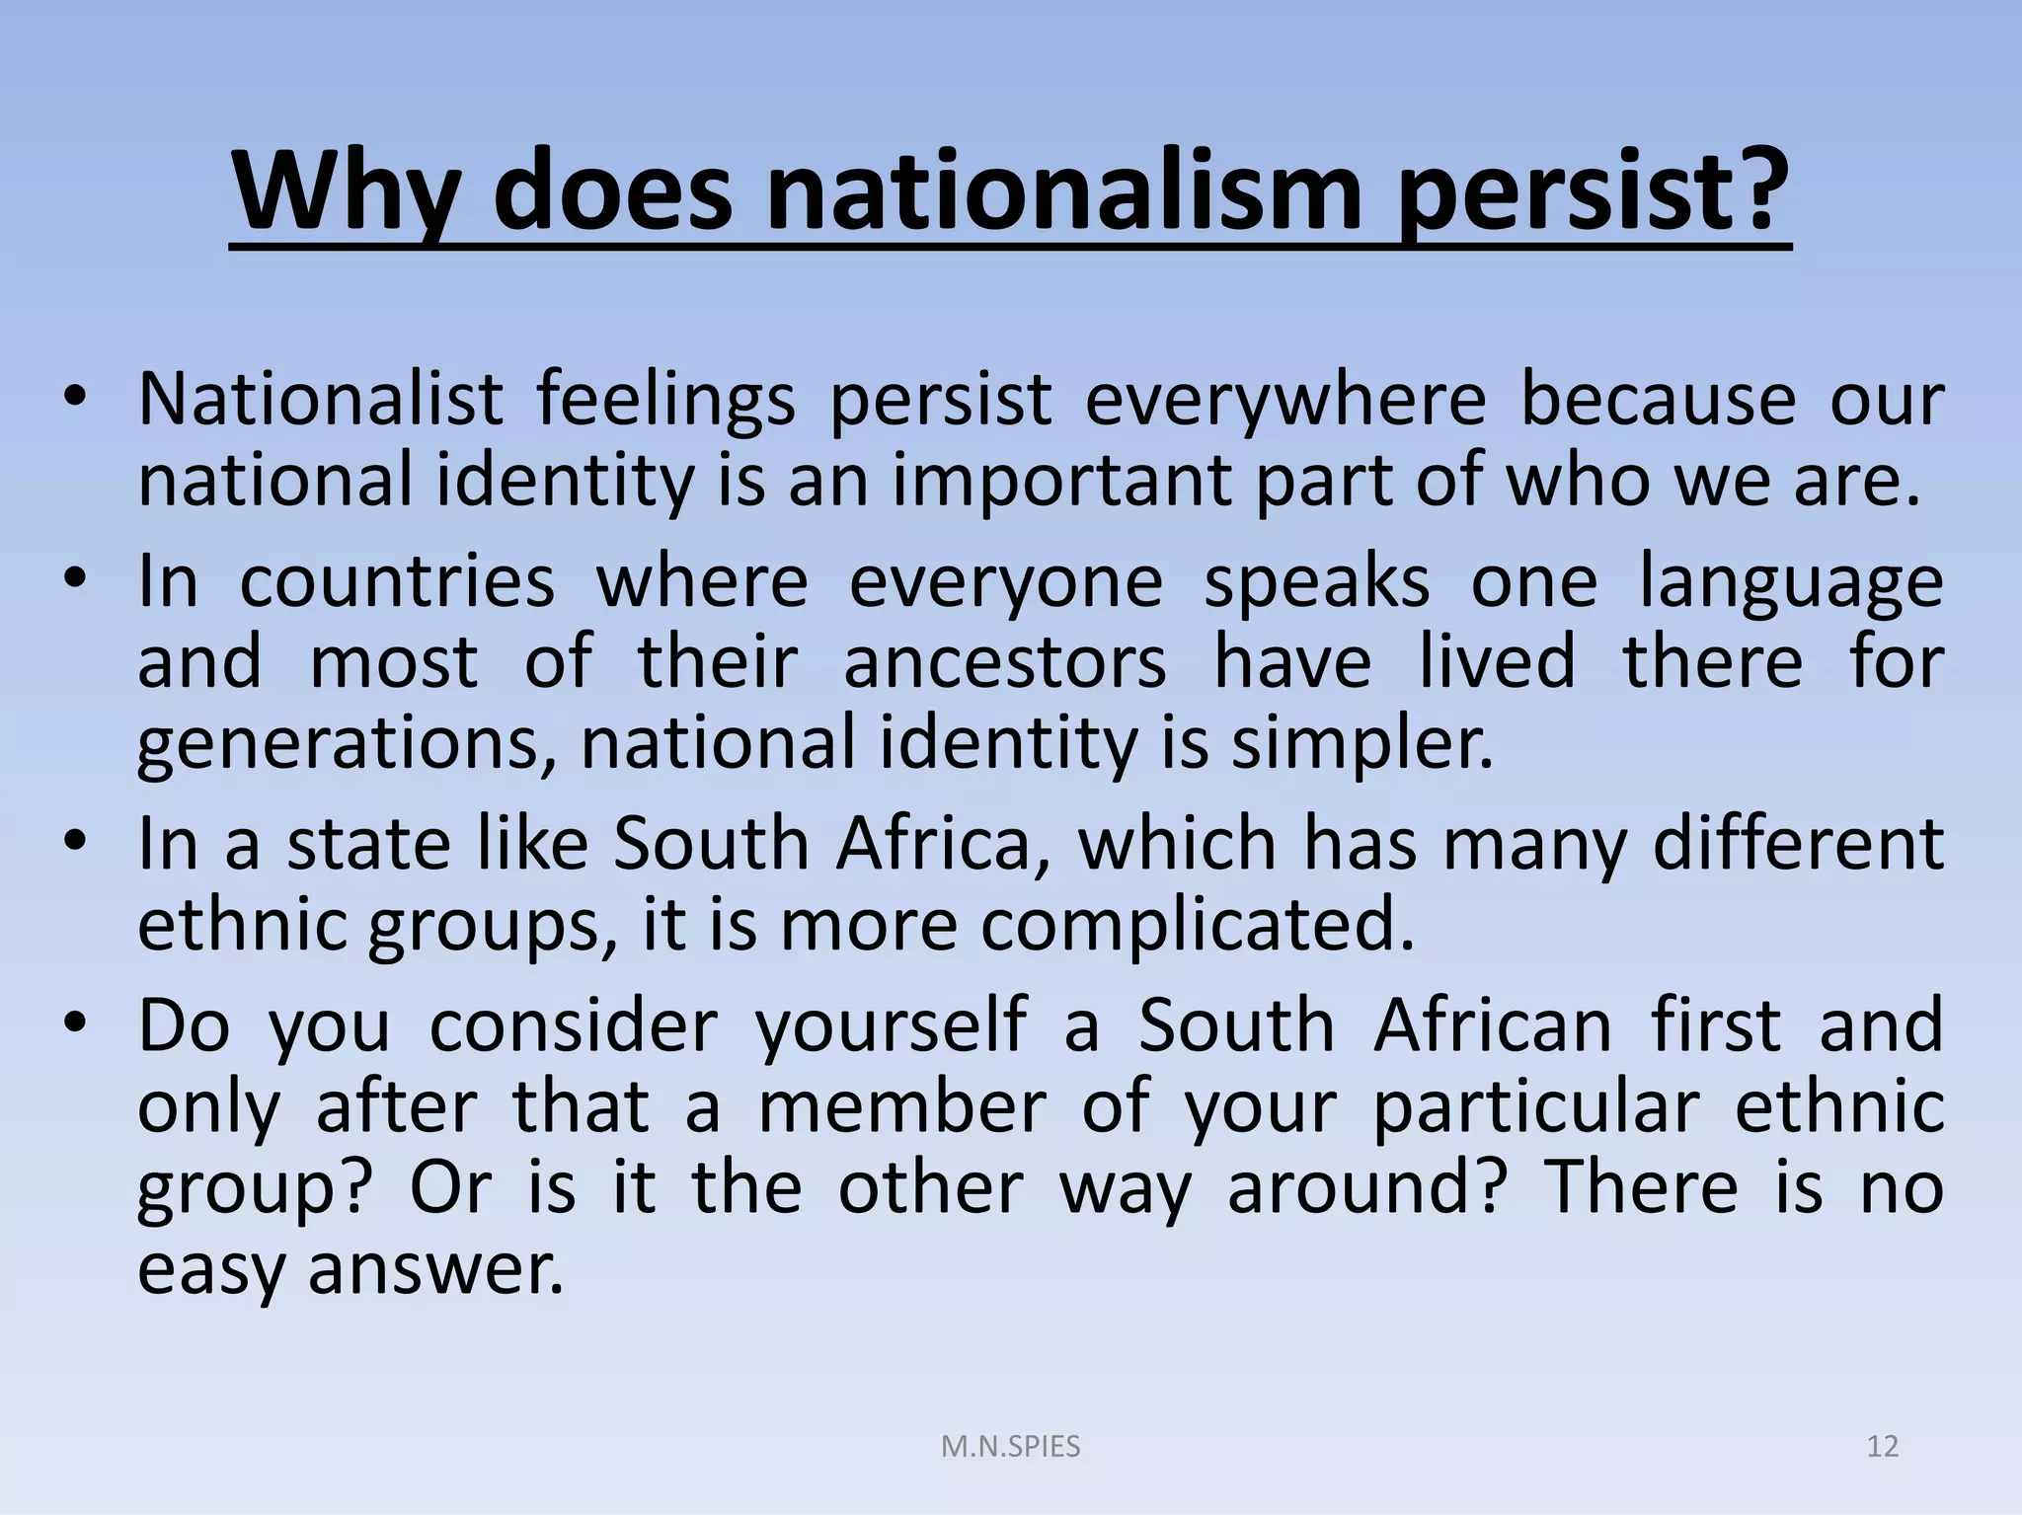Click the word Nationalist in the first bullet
[321, 400]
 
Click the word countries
[397, 581]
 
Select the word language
[1791, 581]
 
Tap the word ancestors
[1005, 662]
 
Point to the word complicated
[1198, 925]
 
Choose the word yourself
[891, 1025]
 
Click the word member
[901, 1106]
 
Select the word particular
[1536, 1106]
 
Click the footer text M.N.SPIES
[1010, 1447]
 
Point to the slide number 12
[1882, 1447]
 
